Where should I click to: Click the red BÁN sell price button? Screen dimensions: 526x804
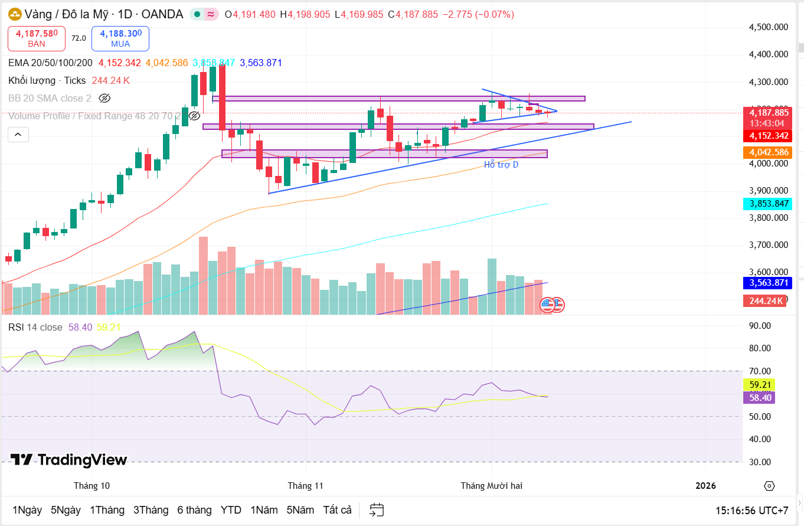click(x=36, y=38)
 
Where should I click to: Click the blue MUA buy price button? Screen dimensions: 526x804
click(x=120, y=38)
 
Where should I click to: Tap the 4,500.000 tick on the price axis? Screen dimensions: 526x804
click(x=768, y=27)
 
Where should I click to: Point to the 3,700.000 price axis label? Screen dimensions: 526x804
click(x=768, y=245)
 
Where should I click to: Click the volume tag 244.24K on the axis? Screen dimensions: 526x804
click(x=766, y=300)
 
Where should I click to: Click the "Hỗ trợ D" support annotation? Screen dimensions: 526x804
click(x=501, y=165)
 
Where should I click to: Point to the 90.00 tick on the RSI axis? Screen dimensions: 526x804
click(x=760, y=326)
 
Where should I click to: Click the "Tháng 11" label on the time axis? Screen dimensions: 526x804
click(x=306, y=486)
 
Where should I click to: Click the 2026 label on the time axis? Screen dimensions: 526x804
click(x=705, y=486)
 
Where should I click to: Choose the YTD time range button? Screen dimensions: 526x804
click(x=231, y=510)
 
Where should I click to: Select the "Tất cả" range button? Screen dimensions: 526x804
click(x=337, y=510)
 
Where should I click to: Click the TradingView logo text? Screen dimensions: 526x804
click(x=68, y=460)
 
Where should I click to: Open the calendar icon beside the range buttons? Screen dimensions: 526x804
click(x=377, y=509)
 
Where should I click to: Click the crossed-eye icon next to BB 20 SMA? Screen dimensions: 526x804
click(x=104, y=98)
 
